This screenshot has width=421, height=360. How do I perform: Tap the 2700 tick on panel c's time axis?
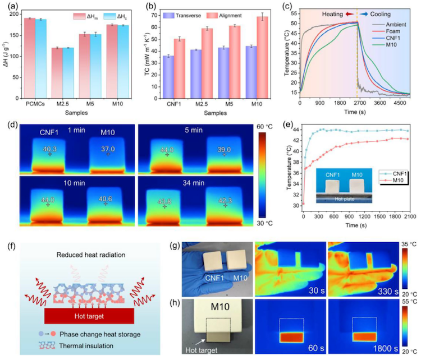358,103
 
